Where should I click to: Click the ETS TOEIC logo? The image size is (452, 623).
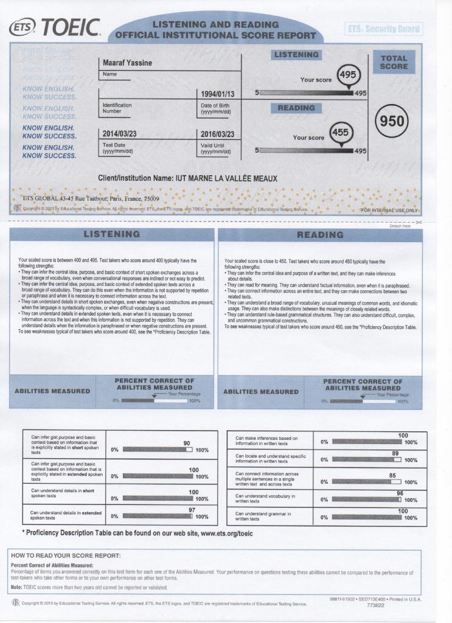[54, 28]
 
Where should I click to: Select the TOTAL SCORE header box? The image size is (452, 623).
[394, 62]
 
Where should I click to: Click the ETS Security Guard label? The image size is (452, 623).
[384, 29]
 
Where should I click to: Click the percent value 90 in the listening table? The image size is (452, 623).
[187, 443]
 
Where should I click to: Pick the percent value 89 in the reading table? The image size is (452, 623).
[395, 453]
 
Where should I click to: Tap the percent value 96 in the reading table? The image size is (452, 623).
[400, 493]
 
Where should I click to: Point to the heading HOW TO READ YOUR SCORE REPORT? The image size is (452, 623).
[66, 555]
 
